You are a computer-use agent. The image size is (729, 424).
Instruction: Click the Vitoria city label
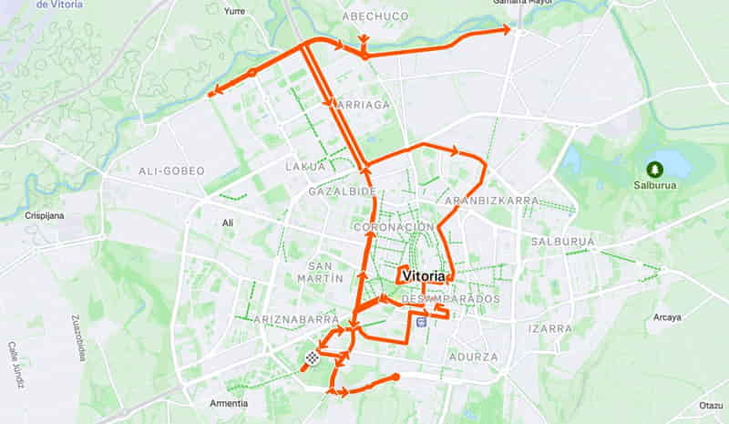[x=424, y=275]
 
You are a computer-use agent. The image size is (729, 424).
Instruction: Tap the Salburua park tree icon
[x=653, y=170]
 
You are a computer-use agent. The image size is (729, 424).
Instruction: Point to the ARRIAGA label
[x=363, y=105]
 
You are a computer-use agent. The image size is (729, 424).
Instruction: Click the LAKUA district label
[x=305, y=167]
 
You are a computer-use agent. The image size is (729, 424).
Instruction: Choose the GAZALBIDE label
[x=342, y=192]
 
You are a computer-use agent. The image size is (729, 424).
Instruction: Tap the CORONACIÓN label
[x=393, y=226]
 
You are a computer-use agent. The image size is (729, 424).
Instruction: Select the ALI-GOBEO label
[x=171, y=171]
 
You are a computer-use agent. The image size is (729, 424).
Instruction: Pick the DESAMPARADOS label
[x=451, y=299]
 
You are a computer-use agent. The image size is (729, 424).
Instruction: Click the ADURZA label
[x=474, y=357]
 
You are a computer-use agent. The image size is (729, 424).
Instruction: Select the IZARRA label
[x=549, y=328]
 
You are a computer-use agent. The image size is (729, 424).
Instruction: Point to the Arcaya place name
[x=666, y=317]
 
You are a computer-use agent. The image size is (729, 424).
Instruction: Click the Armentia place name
[x=228, y=403]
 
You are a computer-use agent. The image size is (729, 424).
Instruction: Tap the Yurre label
[x=234, y=11]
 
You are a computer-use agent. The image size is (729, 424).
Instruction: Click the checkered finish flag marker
[x=312, y=358]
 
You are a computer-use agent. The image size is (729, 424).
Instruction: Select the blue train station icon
[x=420, y=321]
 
